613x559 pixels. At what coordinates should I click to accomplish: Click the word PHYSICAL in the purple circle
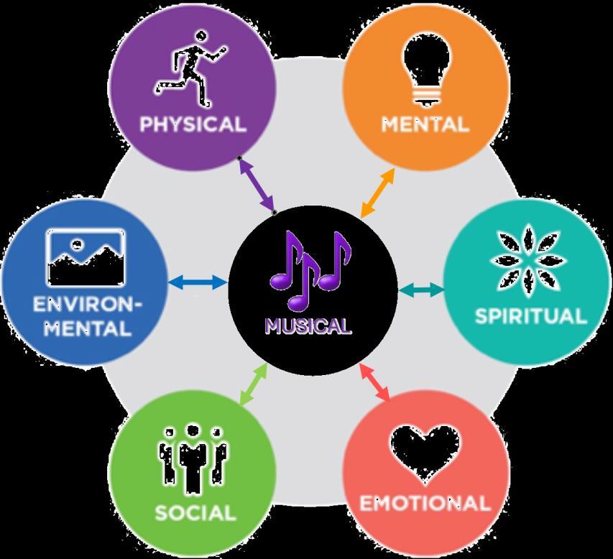coord(192,124)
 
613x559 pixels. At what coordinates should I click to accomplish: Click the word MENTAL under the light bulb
coord(425,124)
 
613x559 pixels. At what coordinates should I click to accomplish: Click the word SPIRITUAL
coord(530,316)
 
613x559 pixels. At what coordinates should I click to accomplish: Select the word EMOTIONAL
coord(425,503)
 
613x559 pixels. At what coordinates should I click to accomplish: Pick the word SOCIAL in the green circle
coord(195,513)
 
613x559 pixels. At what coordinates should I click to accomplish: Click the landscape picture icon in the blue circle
coord(86,257)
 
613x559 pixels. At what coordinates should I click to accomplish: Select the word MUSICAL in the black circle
coord(308,326)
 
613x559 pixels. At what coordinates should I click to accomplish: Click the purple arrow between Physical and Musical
coord(257,184)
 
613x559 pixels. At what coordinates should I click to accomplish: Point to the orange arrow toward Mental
coord(377,193)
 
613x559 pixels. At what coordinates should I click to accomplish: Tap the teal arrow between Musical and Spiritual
coord(420,290)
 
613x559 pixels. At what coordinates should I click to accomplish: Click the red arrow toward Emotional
coord(374,382)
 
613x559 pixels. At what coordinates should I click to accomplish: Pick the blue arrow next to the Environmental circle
coord(197,283)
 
